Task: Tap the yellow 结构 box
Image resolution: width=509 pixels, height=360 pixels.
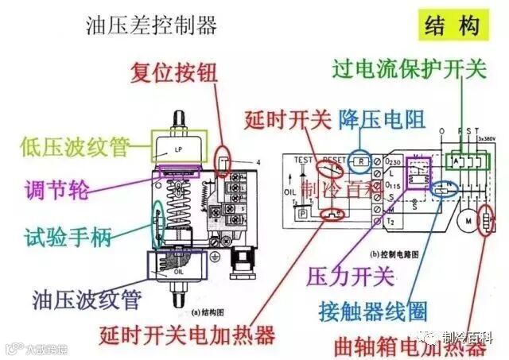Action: tap(452, 25)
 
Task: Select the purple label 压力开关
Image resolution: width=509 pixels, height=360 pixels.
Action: tap(350, 277)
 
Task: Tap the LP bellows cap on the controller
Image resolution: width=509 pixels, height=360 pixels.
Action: tap(178, 148)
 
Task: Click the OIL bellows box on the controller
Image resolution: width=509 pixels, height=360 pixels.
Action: tap(178, 269)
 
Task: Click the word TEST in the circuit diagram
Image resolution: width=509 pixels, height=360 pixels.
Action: tap(303, 159)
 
